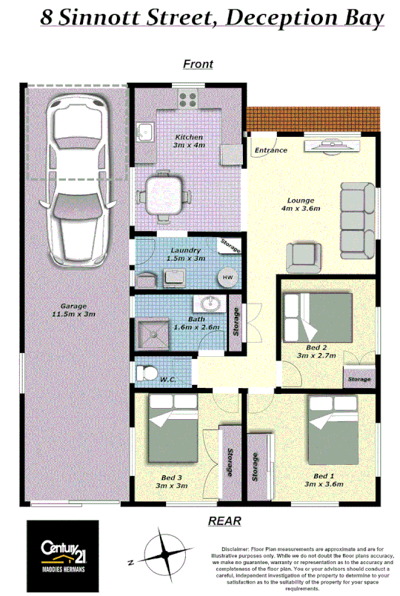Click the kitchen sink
144,133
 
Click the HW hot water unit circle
227,278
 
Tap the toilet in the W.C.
148,372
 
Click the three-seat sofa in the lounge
356,220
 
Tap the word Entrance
270,150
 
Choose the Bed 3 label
172,478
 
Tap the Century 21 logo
62,552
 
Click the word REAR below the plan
224,520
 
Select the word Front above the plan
198,64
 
